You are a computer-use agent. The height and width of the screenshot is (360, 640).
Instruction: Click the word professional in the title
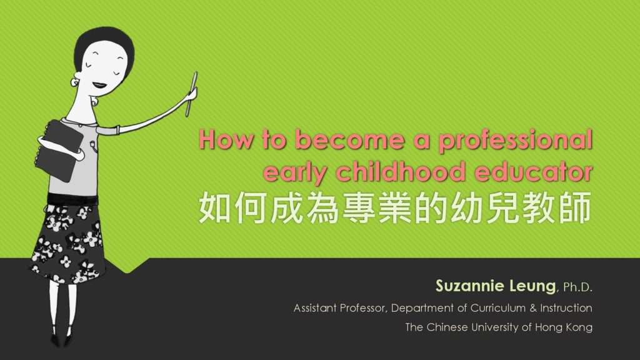(516, 141)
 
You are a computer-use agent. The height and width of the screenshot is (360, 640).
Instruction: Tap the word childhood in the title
(401, 171)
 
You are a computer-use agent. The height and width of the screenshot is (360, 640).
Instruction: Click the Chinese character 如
(215, 207)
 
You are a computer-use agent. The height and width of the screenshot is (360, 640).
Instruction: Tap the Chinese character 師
(576, 207)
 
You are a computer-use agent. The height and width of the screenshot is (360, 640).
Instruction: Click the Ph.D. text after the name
(577, 287)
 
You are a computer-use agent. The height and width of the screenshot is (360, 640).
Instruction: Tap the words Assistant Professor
(339, 307)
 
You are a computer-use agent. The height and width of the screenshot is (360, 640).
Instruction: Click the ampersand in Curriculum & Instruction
(533, 308)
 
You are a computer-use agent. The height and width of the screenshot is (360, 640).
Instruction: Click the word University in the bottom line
(495, 327)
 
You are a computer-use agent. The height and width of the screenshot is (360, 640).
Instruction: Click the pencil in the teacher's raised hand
(191, 94)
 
